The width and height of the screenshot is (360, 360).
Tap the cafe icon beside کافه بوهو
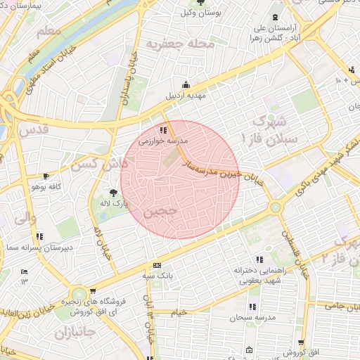tap(46, 176)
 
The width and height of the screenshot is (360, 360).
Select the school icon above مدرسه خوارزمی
tap(163, 129)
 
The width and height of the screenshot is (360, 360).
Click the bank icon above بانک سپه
tap(157, 265)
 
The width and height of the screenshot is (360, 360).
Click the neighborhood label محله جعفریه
tap(178, 44)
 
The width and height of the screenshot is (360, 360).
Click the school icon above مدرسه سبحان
tap(252, 307)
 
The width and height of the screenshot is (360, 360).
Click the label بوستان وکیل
tap(198, 13)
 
